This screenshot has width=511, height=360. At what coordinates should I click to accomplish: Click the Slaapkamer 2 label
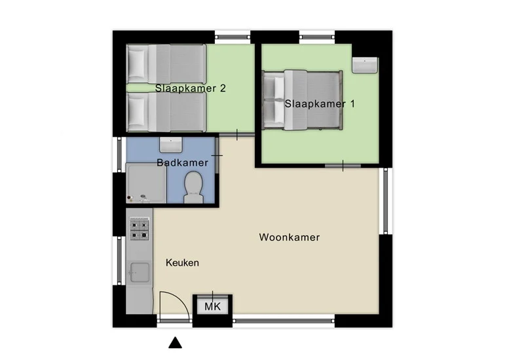191,88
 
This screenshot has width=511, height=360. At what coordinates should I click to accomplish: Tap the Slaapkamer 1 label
320,104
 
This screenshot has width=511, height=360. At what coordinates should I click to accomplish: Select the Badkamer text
182,162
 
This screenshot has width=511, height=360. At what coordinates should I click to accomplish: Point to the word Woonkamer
290,237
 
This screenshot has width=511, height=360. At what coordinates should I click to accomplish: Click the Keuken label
182,262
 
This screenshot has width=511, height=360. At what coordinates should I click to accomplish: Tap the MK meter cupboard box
212,306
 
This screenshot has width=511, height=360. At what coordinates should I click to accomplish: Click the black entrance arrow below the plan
176,343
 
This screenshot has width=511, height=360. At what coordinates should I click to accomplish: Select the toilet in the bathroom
193,188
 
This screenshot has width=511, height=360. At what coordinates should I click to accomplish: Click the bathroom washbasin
171,145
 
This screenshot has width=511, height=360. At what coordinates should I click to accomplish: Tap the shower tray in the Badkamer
146,183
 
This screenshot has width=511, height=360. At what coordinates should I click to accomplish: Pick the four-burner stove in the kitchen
140,230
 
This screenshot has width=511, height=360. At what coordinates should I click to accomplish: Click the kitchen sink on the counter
140,272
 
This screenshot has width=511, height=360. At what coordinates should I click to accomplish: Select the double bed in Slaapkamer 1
303,100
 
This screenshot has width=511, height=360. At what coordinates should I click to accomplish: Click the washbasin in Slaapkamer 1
365,65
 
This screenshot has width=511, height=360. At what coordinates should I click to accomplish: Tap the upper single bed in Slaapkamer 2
166,63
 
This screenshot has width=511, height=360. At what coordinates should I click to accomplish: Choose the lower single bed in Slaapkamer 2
166,112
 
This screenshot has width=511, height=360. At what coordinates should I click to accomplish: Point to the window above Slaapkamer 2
233,37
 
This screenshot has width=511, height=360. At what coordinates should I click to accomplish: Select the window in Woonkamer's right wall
385,201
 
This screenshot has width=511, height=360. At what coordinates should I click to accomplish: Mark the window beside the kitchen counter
119,260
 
